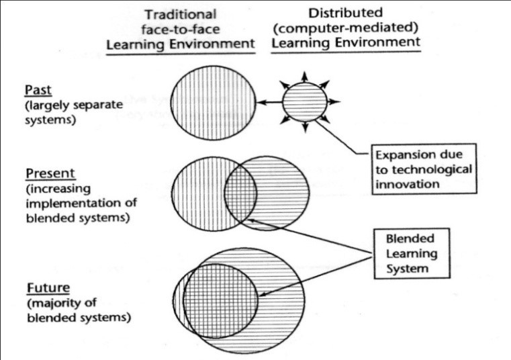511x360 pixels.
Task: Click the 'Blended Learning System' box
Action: pos(405,254)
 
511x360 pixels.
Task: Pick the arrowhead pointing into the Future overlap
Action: pos(263,294)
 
